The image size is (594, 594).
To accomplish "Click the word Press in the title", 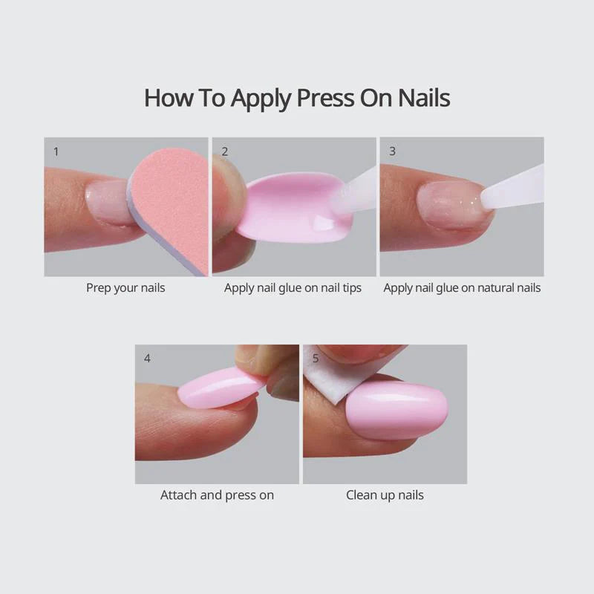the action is pos(325,98).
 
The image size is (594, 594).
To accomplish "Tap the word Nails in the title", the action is pos(424,98).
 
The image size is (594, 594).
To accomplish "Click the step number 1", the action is pos(56,152).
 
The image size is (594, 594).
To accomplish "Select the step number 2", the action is pos(225,151).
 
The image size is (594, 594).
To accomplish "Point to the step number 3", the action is pos(393,151).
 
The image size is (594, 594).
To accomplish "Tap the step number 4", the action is pos(147,359).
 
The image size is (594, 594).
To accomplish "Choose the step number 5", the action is pos(316,359).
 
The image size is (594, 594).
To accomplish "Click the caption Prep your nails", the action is pos(125,288).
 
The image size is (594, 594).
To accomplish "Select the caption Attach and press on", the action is pos(217,495).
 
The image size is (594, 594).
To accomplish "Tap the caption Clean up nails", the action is pos(385,495).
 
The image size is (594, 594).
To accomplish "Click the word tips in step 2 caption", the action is pos(352,288).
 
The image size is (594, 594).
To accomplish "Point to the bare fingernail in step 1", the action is pos(108,203).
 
